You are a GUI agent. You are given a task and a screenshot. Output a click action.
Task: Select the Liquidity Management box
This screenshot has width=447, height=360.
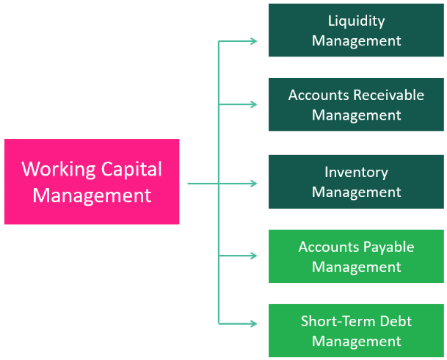pyautogui.click(x=357, y=30)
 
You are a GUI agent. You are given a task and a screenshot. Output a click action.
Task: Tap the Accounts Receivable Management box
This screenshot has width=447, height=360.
pyautogui.click(x=357, y=104)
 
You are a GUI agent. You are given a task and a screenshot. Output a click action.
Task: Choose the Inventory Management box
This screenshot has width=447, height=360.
pyautogui.click(x=357, y=181)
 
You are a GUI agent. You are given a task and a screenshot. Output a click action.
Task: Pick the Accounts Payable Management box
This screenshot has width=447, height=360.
pyautogui.click(x=357, y=256)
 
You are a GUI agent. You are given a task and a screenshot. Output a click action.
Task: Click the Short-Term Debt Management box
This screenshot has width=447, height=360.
pyautogui.click(x=357, y=331)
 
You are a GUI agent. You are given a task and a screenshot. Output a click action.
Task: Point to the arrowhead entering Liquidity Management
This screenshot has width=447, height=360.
pyautogui.click(x=254, y=41)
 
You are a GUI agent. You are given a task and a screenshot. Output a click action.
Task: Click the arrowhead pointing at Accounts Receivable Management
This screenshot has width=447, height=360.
pyautogui.click(x=254, y=104)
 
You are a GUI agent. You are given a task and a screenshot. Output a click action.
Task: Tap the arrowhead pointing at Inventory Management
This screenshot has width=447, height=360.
pyautogui.click(x=254, y=183)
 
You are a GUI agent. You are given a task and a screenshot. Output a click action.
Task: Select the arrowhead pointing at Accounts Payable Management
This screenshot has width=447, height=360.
pyautogui.click(x=254, y=256)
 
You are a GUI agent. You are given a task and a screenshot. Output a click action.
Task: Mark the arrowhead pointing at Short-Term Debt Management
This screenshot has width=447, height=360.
pyautogui.click(x=254, y=323)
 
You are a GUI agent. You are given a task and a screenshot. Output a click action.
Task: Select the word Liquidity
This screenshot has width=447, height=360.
pyautogui.click(x=357, y=21)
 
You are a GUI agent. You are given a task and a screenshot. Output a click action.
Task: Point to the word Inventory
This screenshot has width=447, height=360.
pyautogui.click(x=357, y=172)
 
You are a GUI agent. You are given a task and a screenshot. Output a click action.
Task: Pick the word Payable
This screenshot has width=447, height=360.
pyautogui.click(x=388, y=247)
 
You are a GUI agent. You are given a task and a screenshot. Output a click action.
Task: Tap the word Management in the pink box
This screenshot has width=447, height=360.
pyautogui.click(x=92, y=195)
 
